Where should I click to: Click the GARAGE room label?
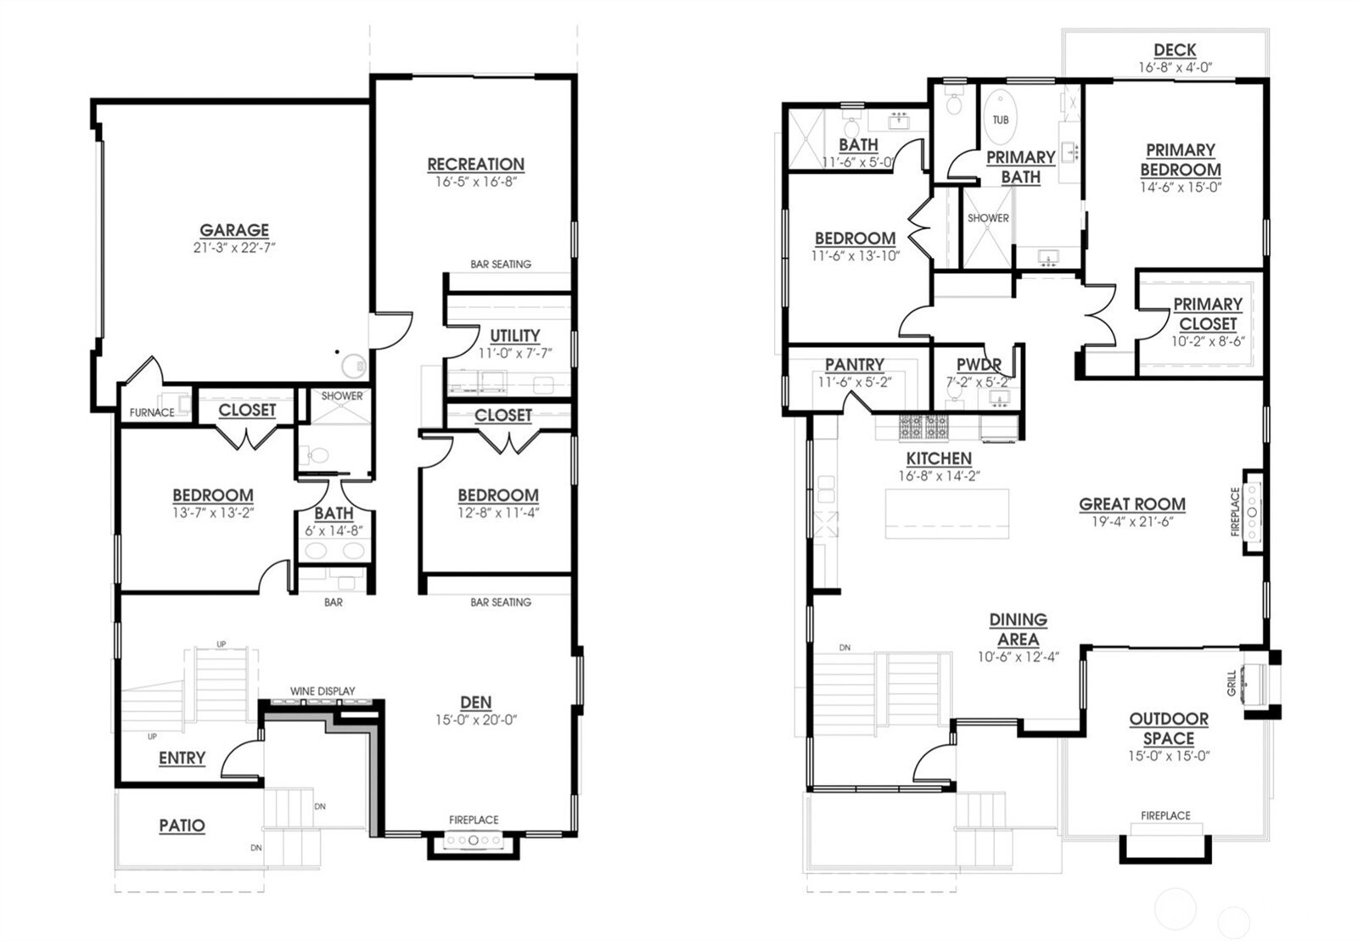click(234, 230)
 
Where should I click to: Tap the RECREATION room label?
click(475, 164)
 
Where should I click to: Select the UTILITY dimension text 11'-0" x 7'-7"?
click(514, 353)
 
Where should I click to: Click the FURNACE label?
click(152, 413)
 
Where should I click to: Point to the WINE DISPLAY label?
click(323, 691)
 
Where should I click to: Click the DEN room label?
click(475, 702)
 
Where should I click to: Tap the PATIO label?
click(182, 826)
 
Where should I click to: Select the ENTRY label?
click(182, 758)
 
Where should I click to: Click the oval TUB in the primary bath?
click(1001, 120)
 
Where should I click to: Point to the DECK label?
click(1175, 50)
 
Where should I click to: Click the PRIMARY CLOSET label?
click(1207, 314)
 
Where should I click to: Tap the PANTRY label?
click(854, 365)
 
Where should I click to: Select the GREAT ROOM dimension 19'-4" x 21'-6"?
click(1132, 522)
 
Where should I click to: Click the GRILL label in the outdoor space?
click(1232, 683)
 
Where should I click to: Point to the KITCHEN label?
click(939, 458)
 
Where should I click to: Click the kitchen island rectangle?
click(947, 513)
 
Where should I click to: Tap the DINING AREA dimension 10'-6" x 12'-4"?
click(1018, 656)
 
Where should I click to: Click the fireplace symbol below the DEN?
click(474, 841)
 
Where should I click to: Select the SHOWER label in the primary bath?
click(988, 218)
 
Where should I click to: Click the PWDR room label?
click(979, 365)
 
